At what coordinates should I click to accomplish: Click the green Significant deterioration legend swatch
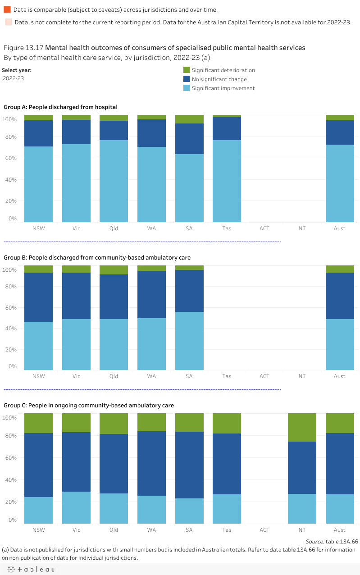pyautogui.click(x=187, y=70)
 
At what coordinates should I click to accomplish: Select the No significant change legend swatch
pyautogui.click(x=187, y=79)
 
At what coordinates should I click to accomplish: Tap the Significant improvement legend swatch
pyautogui.click(x=187, y=88)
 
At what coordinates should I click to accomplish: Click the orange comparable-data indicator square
pyautogui.click(x=7, y=9)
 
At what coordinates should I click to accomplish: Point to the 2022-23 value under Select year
pyautogui.click(x=13, y=78)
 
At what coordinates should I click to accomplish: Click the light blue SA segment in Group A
pyautogui.click(x=189, y=188)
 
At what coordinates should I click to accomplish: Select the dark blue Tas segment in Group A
pyautogui.click(x=227, y=128)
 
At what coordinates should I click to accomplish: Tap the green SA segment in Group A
pyautogui.click(x=189, y=119)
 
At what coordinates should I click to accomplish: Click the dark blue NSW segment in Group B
pyautogui.click(x=38, y=297)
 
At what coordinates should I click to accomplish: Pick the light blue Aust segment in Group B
pyautogui.click(x=340, y=344)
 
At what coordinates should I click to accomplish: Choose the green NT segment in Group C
pyautogui.click(x=302, y=427)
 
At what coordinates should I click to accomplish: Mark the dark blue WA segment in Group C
pyautogui.click(x=151, y=463)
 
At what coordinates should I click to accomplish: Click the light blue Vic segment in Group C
pyautogui.click(x=76, y=507)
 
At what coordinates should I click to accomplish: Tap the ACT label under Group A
pyautogui.click(x=264, y=228)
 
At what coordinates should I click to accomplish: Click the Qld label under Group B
pyautogui.click(x=114, y=376)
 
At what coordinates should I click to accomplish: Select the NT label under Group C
pyautogui.click(x=302, y=530)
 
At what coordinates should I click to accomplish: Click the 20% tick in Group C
pyautogui.click(x=10, y=502)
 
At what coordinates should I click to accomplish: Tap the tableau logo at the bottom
pyautogui.click(x=30, y=570)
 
